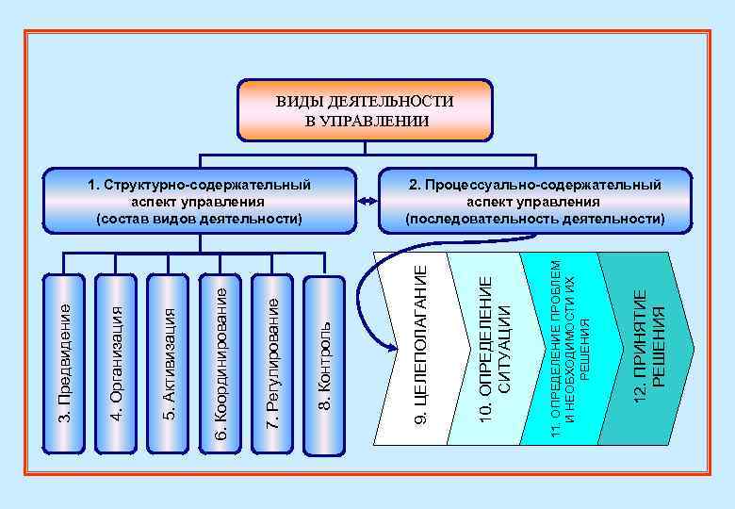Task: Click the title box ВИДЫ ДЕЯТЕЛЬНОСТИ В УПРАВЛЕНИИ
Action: click(x=364, y=110)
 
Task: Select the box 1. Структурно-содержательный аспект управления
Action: click(x=199, y=201)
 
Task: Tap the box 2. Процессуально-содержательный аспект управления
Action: click(x=534, y=201)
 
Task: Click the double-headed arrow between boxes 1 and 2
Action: click(x=366, y=201)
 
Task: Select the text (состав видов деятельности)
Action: click(x=199, y=219)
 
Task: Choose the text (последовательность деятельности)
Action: click(x=534, y=219)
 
